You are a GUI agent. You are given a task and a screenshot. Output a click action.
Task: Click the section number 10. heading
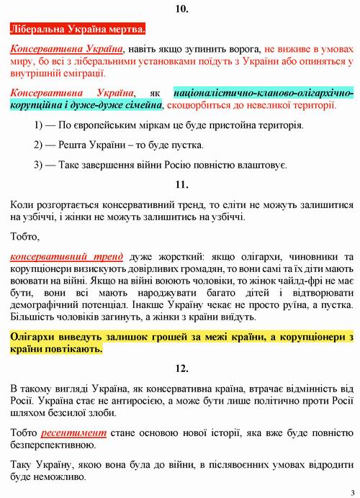[181, 9]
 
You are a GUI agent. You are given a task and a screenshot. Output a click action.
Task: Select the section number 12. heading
[181, 368]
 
